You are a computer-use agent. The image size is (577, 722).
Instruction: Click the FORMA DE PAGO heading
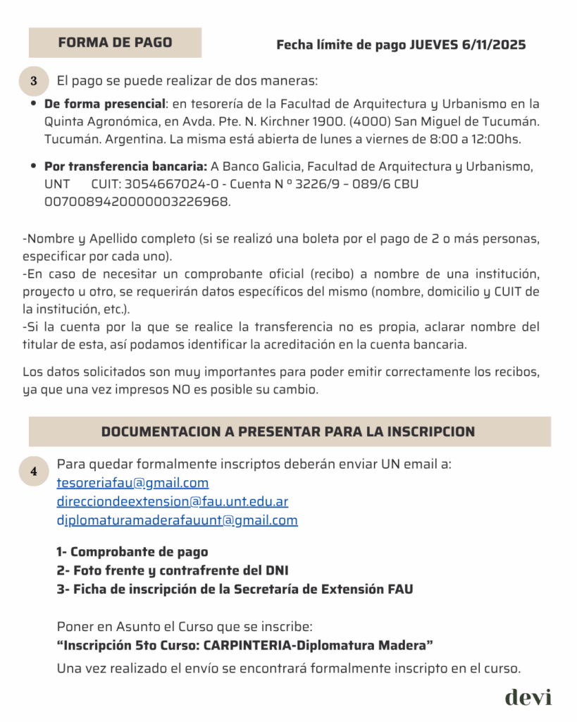115,42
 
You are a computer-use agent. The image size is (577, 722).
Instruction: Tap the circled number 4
34,472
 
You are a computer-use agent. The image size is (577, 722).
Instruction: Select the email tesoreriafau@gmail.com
132,483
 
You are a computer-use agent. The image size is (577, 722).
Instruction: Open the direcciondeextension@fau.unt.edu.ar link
172,502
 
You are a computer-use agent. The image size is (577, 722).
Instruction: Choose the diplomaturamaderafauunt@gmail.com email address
177,520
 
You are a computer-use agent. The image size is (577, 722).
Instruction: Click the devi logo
528,697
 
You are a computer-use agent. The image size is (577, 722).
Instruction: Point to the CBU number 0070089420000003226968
137,202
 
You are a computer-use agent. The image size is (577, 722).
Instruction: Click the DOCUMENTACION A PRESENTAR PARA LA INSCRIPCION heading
288,432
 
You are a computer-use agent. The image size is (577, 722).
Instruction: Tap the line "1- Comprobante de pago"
132,552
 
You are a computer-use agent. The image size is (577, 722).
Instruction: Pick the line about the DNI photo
172,570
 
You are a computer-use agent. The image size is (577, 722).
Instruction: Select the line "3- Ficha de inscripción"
235,589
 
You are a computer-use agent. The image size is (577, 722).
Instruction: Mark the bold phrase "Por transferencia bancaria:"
125,167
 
